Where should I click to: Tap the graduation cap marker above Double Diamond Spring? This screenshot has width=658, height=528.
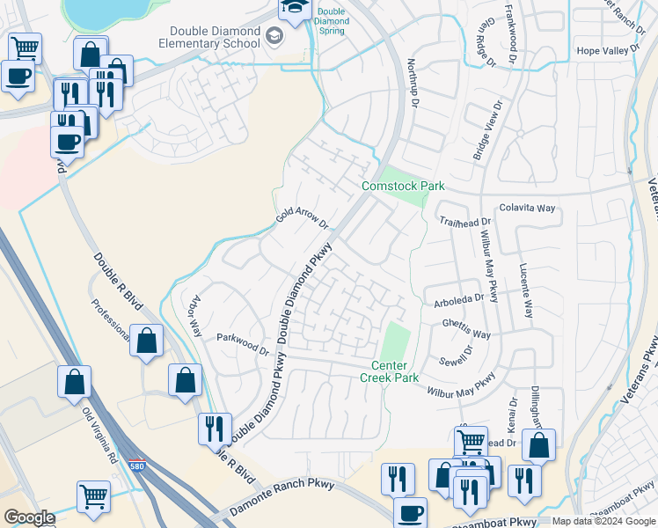pos(293,9)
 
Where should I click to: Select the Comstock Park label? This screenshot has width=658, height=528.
pos(403,186)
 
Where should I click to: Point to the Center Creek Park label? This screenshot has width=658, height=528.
pos(389,371)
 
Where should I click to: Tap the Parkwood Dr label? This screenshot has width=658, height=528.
pos(243,343)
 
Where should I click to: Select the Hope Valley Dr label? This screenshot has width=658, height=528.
pos(607,51)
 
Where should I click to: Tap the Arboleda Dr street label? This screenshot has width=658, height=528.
pos(459,300)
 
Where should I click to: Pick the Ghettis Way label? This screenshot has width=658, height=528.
pos(466,328)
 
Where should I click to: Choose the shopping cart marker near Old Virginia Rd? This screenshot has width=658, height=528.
pos(93,496)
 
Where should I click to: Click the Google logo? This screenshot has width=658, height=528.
pos(29,517)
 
